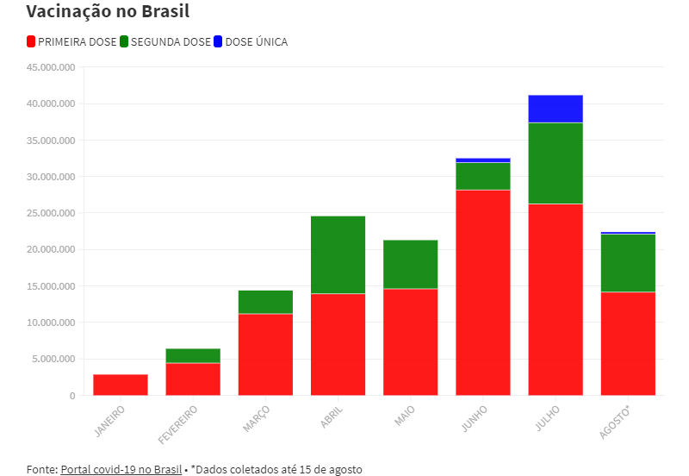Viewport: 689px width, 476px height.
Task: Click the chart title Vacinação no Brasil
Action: (108, 12)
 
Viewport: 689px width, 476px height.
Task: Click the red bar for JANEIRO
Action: (121, 385)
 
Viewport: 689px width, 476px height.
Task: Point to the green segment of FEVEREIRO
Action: (193, 355)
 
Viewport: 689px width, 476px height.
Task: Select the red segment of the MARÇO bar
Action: (265, 354)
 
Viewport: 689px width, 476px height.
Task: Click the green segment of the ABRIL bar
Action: (338, 254)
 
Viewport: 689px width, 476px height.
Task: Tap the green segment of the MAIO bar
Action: (410, 264)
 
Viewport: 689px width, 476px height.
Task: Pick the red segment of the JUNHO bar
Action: (483, 292)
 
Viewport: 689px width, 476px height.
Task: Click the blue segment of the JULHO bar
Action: (556, 109)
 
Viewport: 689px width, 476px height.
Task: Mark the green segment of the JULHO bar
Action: (556, 163)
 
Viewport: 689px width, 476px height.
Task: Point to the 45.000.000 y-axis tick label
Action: (52, 67)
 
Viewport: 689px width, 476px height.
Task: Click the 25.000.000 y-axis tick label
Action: (52, 213)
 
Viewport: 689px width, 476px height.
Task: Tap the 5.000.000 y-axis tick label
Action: (54, 359)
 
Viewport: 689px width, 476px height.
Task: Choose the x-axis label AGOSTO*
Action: (618, 422)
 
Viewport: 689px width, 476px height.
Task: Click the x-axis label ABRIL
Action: (332, 417)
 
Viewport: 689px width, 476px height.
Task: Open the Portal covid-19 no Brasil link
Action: (121, 469)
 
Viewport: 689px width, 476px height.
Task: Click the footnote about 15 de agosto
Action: (276, 469)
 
